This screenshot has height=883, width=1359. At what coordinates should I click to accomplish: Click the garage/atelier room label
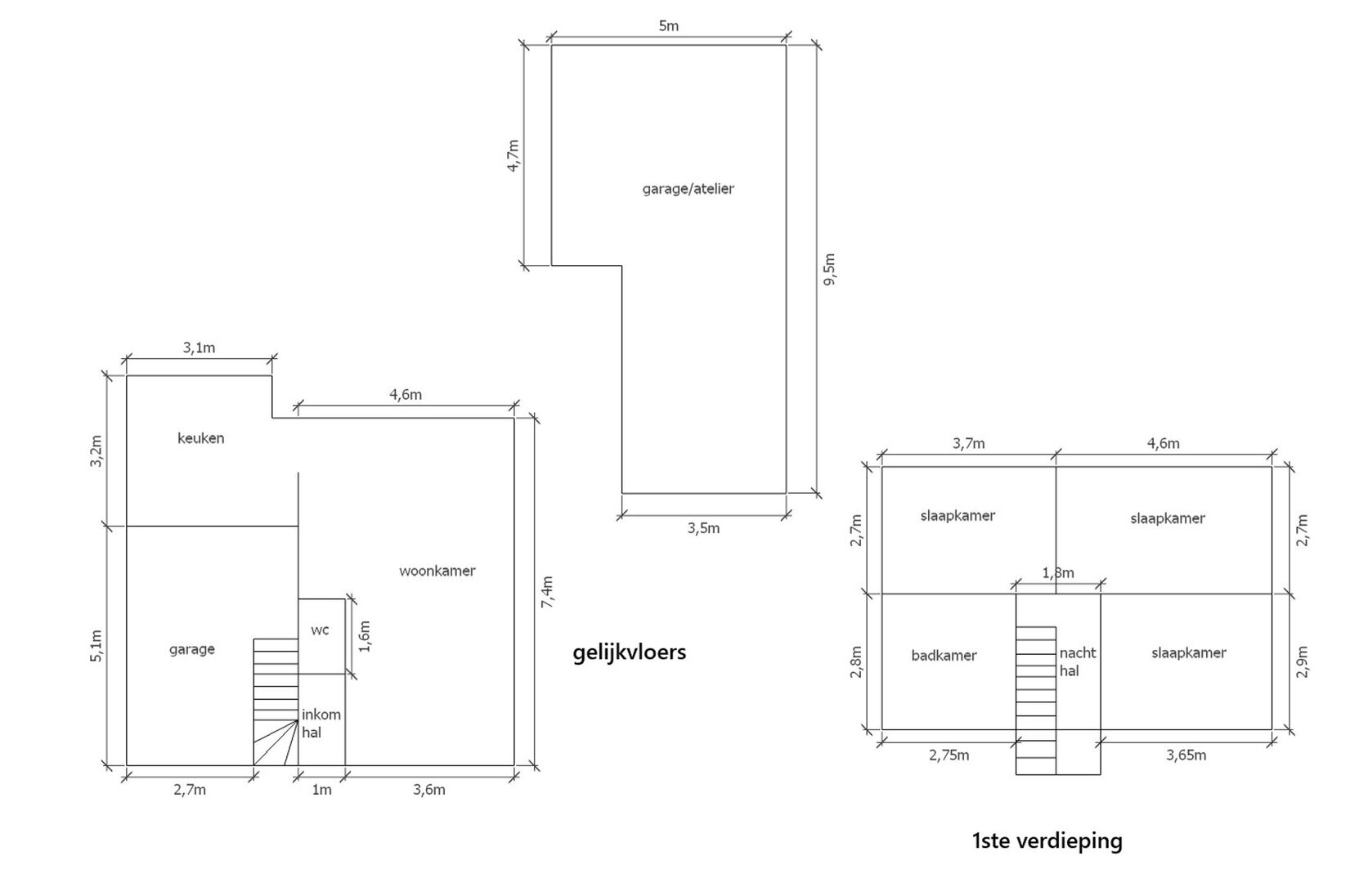tap(688, 189)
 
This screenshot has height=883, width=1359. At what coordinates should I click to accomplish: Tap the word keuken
tap(201, 438)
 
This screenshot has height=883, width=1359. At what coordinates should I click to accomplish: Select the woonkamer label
tap(437, 571)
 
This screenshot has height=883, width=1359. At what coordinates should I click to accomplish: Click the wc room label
tap(320, 630)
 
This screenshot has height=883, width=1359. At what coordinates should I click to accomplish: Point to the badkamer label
tap(944, 656)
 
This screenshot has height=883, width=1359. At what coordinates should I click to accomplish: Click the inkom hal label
tap(321, 723)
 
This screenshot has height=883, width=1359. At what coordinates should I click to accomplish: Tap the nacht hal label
tap(1078, 661)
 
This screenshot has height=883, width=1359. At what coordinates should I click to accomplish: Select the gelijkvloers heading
tap(629, 653)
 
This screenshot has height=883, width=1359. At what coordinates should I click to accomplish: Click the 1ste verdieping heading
tap(1047, 841)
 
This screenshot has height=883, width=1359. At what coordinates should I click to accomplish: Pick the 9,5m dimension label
tap(829, 269)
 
